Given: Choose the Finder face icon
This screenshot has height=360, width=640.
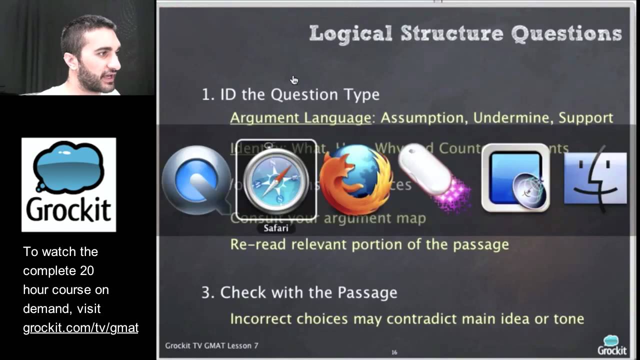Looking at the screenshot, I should [595, 179].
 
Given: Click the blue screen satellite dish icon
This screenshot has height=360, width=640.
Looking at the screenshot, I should [515, 178].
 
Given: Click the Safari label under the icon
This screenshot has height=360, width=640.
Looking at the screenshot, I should [276, 228].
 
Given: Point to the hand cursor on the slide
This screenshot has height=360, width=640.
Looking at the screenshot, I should [294, 80].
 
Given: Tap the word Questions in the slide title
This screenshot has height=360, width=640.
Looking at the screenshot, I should [566, 33].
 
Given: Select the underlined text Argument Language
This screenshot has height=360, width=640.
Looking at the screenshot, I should [300, 118].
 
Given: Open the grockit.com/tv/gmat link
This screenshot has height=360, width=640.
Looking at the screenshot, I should [80, 328].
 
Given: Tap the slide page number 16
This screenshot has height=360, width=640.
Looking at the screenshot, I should [394, 352].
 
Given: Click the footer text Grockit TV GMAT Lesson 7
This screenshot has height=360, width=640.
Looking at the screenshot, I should [211, 345].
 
